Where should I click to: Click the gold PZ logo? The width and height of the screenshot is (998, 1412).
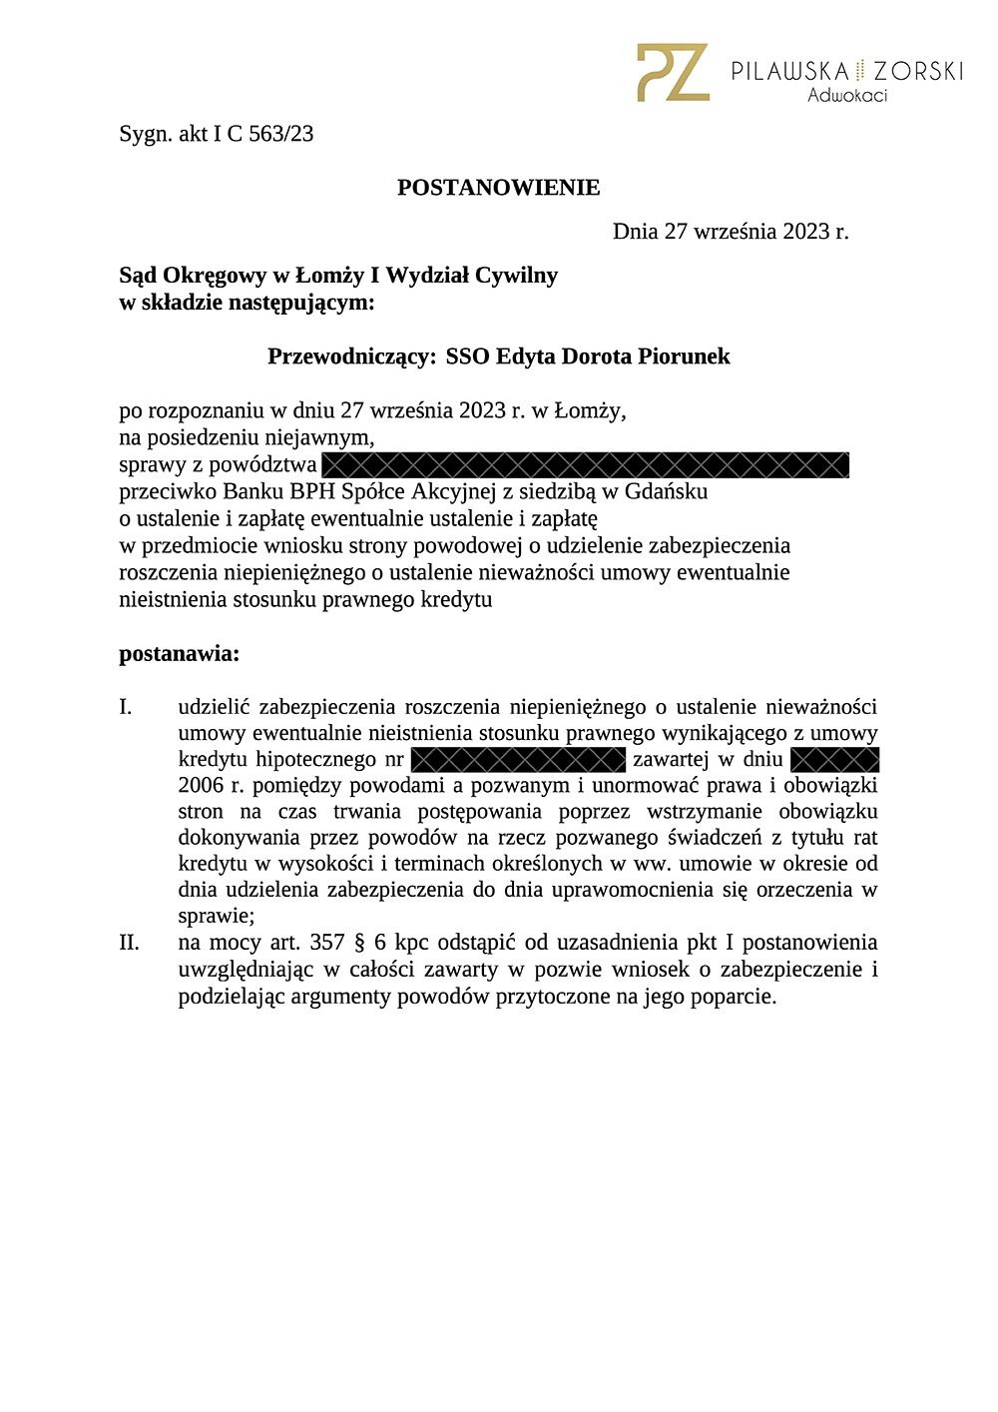pos(673,72)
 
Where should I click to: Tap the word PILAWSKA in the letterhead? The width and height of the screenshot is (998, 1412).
pos(789,71)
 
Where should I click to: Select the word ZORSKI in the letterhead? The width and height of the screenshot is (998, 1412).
pos(918,71)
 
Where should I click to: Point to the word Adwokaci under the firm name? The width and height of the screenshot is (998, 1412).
pos(847,96)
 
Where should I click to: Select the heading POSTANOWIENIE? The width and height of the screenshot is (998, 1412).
pos(499,188)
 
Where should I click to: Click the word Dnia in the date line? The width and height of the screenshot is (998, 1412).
pos(635,232)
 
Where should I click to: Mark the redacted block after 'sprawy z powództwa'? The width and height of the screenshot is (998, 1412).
pos(586,464)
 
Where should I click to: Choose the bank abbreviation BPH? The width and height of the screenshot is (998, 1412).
pos(312,491)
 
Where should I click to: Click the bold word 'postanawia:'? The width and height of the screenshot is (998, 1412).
pos(180,654)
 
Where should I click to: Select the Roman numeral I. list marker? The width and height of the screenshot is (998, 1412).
pos(126,707)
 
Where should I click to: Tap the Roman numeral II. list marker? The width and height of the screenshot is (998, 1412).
pos(129,943)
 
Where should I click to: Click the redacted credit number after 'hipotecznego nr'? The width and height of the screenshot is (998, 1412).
pos(518,760)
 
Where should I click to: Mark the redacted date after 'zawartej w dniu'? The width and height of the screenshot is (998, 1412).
pos(834,760)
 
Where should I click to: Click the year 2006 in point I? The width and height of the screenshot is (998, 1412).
pos(201,786)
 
